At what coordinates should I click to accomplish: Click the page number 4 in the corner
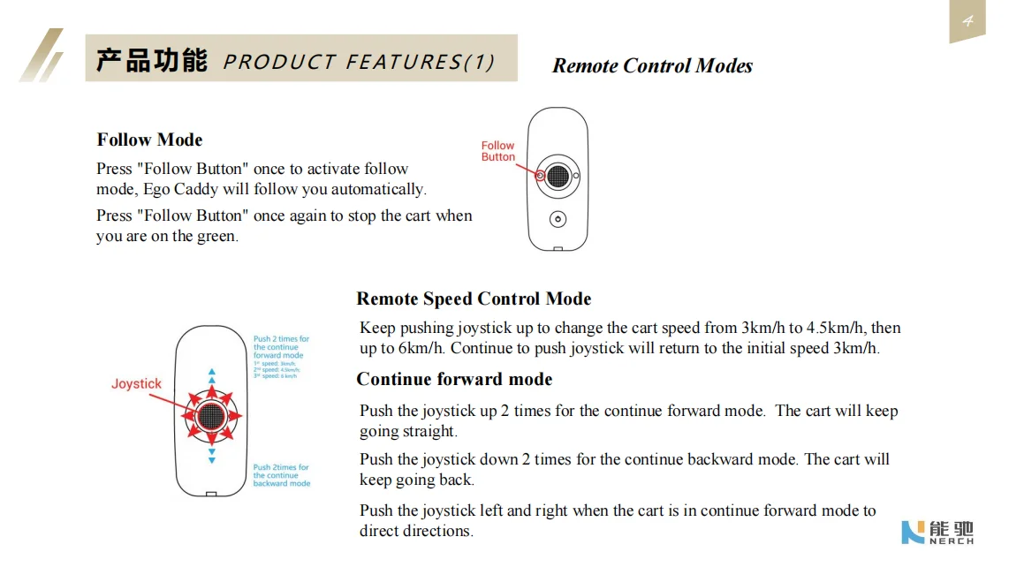[x=967, y=21]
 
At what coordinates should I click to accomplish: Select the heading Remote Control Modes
[x=652, y=66]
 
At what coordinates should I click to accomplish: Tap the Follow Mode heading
[x=149, y=140]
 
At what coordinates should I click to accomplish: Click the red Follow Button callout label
[x=497, y=151]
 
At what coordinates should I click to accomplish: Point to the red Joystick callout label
[x=136, y=383]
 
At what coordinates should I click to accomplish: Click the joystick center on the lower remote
[x=211, y=414]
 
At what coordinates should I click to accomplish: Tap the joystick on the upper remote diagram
[x=557, y=177]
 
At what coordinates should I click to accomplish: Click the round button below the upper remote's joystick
[x=557, y=218]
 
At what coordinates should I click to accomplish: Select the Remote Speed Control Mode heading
[x=474, y=299]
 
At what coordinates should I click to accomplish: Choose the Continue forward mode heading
[x=454, y=379]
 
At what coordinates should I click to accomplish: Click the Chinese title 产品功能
[x=151, y=61]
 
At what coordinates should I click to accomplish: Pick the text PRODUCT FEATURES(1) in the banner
[x=359, y=63]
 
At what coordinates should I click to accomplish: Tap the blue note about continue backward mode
[x=281, y=475]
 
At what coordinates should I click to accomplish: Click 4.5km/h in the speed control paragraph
[x=835, y=328]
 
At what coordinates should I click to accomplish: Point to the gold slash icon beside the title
[x=42, y=56]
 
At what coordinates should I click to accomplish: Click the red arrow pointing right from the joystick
[x=236, y=415]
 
